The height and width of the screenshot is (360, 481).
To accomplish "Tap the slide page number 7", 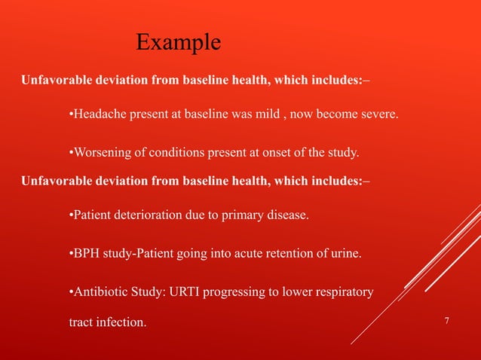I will click(447, 322).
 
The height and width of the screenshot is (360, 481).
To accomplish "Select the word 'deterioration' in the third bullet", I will click(146, 215).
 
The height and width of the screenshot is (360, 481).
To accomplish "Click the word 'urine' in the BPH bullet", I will click(345, 254).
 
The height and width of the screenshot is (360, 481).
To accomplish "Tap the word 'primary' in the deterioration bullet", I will click(236, 215).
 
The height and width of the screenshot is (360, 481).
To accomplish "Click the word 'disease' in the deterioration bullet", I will click(284, 215).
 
